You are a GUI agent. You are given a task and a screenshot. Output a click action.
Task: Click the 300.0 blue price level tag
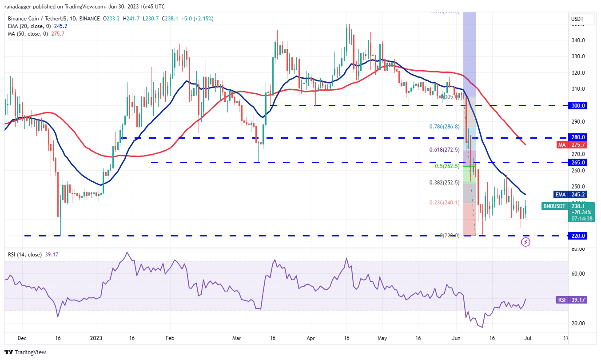(x=578, y=106)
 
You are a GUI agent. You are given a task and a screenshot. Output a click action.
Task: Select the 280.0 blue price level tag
(x=578, y=137)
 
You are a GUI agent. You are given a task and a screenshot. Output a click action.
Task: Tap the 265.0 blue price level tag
(x=578, y=162)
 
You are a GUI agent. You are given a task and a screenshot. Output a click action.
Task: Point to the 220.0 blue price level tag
(x=578, y=236)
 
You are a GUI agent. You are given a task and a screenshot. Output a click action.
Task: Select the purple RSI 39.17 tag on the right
(x=572, y=300)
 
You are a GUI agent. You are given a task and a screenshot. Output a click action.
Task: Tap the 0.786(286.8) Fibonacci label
(x=445, y=127)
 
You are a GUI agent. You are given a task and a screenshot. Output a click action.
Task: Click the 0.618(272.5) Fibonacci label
(x=444, y=150)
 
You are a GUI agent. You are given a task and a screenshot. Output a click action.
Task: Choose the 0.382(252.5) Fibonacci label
(x=445, y=182)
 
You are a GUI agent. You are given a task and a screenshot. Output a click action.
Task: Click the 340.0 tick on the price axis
(x=578, y=40)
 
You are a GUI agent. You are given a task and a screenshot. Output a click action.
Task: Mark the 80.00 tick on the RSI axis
(x=577, y=249)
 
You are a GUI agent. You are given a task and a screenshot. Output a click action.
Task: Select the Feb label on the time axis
(x=169, y=338)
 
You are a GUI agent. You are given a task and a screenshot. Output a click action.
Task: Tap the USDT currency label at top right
(x=578, y=19)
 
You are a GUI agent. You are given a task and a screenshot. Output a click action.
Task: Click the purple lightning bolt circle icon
(x=525, y=242)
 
